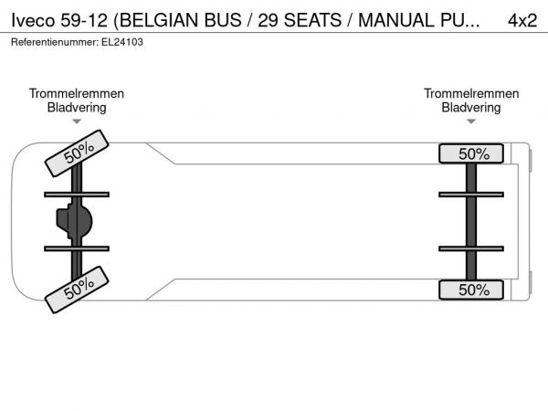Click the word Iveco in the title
(x=33, y=20)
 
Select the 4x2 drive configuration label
(x=522, y=20)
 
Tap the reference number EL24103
(x=122, y=42)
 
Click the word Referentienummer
(x=55, y=42)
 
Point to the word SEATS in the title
(x=312, y=20)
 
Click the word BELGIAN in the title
(x=159, y=20)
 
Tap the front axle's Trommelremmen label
(x=77, y=93)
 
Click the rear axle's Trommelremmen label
(x=471, y=93)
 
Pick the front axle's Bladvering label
(x=77, y=108)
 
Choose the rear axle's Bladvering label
(x=471, y=108)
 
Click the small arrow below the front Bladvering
(x=77, y=121)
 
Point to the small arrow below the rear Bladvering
(x=471, y=121)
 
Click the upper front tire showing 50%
(x=77, y=153)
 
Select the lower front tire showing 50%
(x=77, y=290)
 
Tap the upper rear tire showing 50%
(x=471, y=153)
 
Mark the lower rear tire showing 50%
(x=471, y=290)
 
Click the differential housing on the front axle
(x=75, y=222)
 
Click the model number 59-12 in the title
(x=84, y=20)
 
